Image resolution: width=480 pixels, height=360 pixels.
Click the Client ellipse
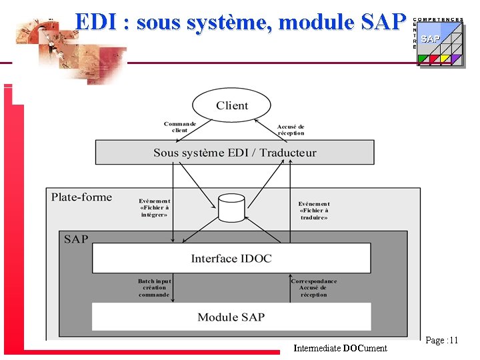(x=231, y=105)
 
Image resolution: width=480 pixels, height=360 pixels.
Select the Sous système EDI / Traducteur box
(x=235, y=152)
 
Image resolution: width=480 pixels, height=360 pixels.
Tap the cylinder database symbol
(x=231, y=209)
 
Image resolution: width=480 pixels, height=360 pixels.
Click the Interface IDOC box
(x=231, y=258)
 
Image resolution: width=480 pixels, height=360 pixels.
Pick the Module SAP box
(x=231, y=317)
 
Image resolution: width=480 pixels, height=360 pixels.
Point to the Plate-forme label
(x=81, y=197)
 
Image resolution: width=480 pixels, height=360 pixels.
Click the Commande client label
(x=180, y=127)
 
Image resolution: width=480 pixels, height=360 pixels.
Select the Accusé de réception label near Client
(x=291, y=129)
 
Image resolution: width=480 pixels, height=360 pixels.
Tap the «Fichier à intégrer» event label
(x=155, y=209)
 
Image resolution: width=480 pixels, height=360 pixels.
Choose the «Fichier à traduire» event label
(x=314, y=211)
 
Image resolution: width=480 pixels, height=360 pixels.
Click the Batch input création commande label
(x=154, y=288)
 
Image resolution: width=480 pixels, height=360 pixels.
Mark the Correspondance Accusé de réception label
(x=314, y=288)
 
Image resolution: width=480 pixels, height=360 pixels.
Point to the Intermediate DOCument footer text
(x=340, y=348)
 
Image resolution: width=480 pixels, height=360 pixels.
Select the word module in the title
(x=317, y=23)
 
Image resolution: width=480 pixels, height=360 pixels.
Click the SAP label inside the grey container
(x=76, y=239)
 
